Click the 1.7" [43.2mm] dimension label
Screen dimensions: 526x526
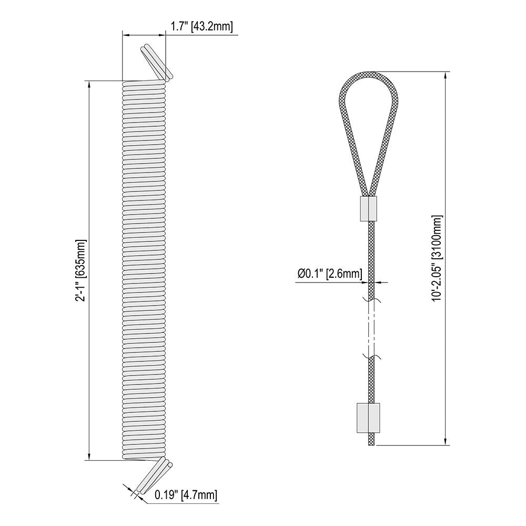click(201, 26)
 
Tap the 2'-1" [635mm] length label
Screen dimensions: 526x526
click(82, 270)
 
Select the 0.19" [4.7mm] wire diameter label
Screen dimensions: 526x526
click(186, 495)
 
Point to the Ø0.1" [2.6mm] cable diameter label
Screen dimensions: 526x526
click(330, 274)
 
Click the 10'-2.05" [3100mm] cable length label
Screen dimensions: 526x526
click(437, 258)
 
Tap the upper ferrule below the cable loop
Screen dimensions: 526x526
click(369, 209)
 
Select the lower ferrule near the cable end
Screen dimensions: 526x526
click(368, 418)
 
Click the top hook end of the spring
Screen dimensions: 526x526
click(157, 63)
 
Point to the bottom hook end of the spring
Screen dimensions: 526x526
click(154, 474)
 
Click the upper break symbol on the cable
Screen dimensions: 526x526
click(372, 300)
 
